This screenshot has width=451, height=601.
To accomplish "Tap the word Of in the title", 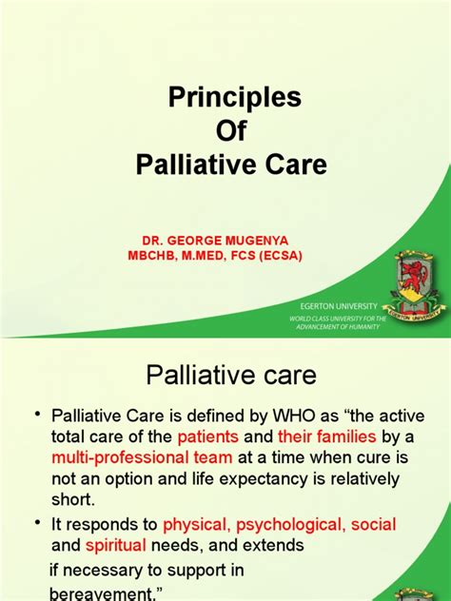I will (x=233, y=131).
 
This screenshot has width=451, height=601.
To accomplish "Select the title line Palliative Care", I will (x=233, y=165).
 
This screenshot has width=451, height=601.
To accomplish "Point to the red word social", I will (x=373, y=525).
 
